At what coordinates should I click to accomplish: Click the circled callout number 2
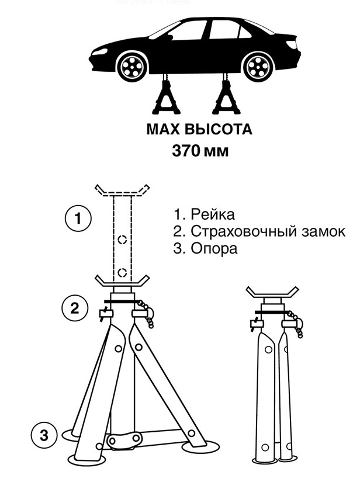point(75,307)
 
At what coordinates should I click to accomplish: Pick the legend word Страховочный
point(240,231)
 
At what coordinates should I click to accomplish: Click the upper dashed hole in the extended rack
point(122,240)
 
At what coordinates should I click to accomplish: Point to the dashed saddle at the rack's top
point(123,190)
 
